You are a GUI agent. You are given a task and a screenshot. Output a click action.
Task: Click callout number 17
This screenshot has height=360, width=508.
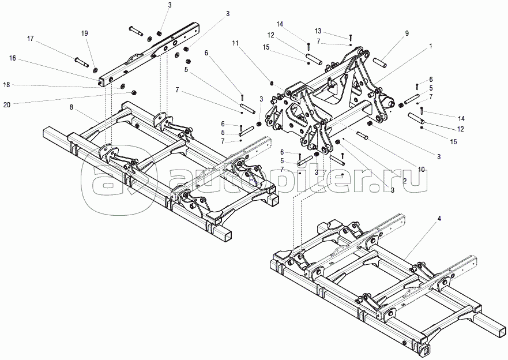[x=30, y=39]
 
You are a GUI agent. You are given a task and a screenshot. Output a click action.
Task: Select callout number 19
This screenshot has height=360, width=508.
[x=85, y=33]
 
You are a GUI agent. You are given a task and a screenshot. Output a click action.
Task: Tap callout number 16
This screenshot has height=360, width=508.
[x=13, y=58]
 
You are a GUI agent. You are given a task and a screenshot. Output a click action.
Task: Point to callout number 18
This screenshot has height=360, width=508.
[x=6, y=85]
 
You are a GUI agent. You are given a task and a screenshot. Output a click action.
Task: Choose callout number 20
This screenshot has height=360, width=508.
[x=7, y=104]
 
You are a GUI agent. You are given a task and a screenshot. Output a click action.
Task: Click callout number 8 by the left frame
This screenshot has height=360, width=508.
[x=72, y=107]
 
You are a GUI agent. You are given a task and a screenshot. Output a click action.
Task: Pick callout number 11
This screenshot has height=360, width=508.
[x=235, y=43]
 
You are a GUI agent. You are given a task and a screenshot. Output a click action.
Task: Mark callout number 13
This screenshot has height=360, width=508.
[x=318, y=31]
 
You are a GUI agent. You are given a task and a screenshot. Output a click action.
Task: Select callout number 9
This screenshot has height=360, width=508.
[x=407, y=33]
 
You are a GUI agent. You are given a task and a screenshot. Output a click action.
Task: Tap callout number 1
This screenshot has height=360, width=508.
[x=431, y=46]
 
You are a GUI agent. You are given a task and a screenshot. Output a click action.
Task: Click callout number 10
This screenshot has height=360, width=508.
[x=421, y=170]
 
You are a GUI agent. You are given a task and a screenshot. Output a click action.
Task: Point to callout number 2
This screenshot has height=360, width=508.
[x=405, y=181]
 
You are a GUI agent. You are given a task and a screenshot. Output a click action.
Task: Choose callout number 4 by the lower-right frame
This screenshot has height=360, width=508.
[x=439, y=219]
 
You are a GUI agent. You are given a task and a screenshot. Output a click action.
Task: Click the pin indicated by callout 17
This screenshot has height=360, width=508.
[x=81, y=62]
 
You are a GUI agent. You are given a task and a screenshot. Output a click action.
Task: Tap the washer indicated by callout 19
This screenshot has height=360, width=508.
[x=95, y=70]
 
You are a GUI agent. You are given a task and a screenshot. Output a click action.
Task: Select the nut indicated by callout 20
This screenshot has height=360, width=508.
[x=133, y=93]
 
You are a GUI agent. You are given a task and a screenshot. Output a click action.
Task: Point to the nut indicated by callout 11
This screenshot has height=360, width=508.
[x=272, y=84]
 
